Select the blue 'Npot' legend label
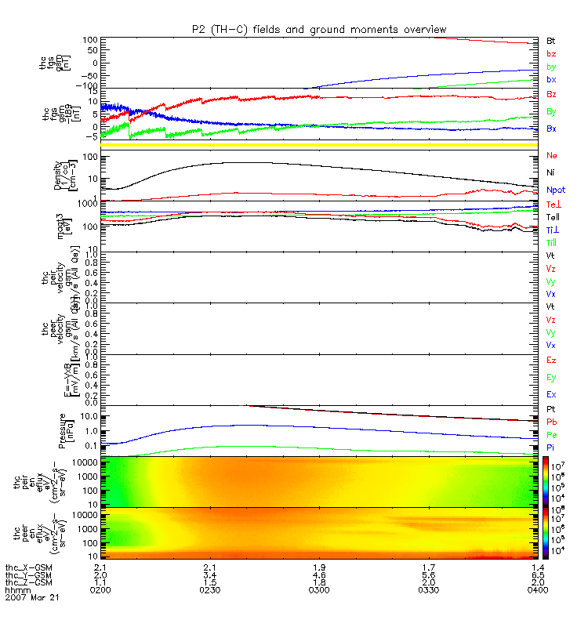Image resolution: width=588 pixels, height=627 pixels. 556,190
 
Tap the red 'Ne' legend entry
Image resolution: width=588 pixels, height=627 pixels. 551,156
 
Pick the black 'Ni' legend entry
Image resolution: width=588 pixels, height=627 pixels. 550,172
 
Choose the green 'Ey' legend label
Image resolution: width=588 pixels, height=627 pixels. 551,378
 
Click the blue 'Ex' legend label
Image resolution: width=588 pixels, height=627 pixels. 551,395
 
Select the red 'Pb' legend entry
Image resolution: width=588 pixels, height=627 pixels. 551,422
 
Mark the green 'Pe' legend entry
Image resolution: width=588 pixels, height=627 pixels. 551,434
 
